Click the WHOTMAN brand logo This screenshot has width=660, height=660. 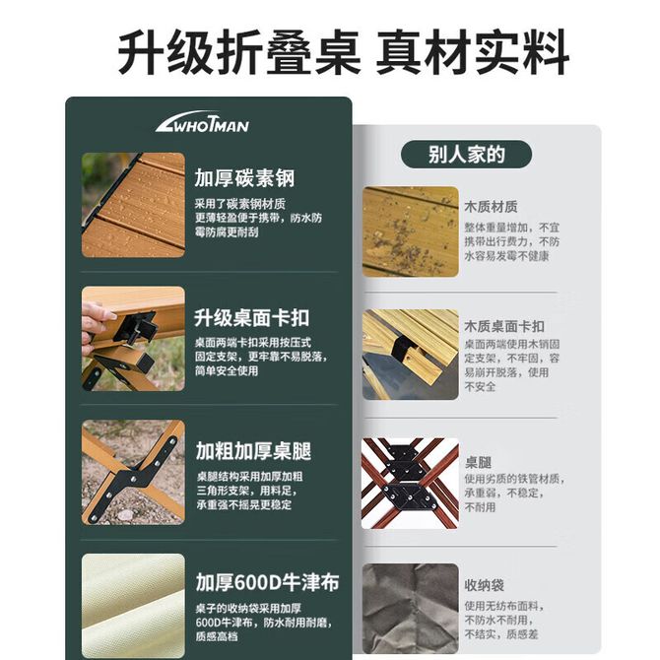202,122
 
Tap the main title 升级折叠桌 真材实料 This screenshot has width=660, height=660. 344,52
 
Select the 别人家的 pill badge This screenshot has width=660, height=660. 466,155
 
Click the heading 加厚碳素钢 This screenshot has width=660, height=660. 244,177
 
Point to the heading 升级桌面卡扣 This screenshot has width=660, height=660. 252,318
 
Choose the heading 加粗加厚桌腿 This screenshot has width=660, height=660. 253,451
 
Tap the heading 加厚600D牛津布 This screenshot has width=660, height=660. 267,582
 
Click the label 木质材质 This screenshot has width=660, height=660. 491,207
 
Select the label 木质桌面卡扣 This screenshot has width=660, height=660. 504,326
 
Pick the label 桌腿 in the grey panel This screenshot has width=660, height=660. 478,463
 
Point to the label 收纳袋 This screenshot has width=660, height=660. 484,585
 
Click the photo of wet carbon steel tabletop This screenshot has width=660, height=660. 133,205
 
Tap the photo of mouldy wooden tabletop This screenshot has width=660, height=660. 411,231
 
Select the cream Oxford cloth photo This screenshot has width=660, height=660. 133,606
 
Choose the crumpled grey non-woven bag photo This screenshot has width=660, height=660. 411,608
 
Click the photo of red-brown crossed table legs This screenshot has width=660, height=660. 411,484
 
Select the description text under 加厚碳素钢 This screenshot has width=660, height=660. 258,218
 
